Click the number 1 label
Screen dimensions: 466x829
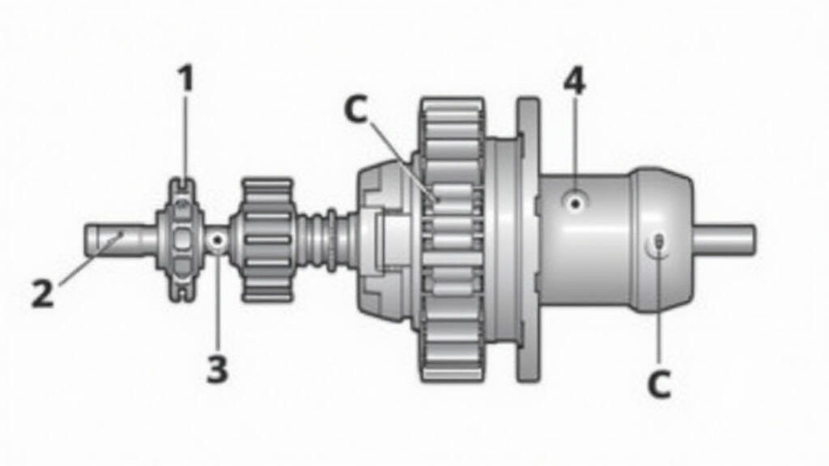186,79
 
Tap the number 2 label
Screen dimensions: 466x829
43,293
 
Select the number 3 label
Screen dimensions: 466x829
217,369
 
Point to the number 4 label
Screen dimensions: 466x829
574,81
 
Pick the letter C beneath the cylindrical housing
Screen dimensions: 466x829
659,385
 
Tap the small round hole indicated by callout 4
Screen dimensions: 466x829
574,201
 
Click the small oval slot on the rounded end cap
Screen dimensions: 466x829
659,242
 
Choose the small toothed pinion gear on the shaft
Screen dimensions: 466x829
267,240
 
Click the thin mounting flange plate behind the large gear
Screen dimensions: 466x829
529,239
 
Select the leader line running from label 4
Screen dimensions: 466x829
574,146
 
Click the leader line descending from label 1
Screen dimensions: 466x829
185,142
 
